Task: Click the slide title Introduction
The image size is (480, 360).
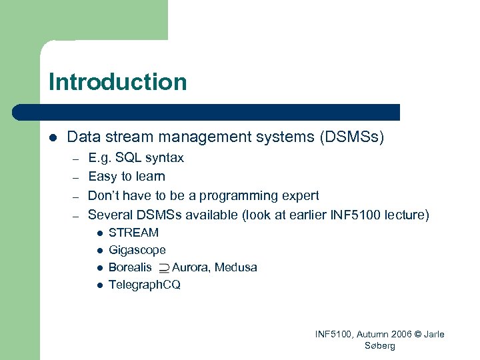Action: (117, 82)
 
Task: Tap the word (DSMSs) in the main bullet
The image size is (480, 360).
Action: (352, 137)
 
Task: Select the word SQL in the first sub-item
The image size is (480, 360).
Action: (128, 158)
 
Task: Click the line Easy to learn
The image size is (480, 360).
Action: (127, 177)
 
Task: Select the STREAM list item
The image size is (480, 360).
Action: (133, 233)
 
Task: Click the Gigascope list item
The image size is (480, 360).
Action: (137, 250)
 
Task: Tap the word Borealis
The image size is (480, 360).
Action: (130, 267)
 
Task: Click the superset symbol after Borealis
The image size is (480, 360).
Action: (163, 268)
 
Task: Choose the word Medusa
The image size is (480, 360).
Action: (236, 267)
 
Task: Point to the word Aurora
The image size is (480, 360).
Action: (191, 267)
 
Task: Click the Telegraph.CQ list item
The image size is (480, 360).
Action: (144, 285)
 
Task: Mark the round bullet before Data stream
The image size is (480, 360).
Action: (53, 137)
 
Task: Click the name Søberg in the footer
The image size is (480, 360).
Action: (380, 345)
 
